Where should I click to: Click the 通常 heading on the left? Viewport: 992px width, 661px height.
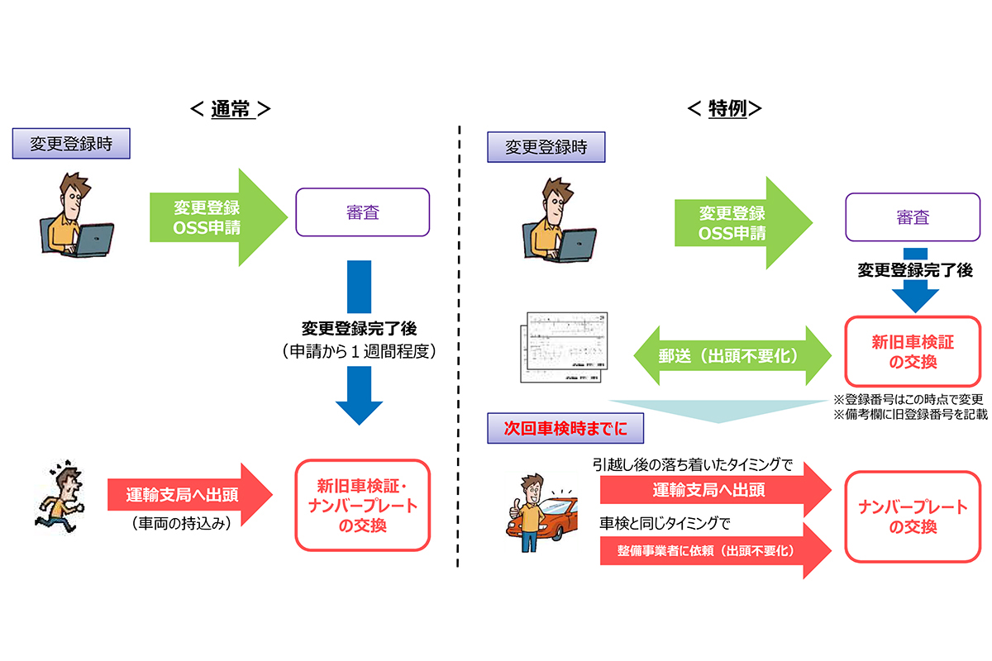tap(230, 109)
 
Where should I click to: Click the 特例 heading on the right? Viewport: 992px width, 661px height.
tap(727, 109)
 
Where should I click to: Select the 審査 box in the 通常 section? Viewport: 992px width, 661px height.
tap(363, 212)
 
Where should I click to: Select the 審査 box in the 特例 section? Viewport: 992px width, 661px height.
tap(913, 218)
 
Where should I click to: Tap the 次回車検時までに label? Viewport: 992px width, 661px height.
tap(565, 430)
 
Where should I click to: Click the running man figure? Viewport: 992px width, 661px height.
tap(60, 497)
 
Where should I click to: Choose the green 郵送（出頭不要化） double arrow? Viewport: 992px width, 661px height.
tap(732, 355)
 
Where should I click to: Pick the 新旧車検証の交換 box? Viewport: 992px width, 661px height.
tap(913, 354)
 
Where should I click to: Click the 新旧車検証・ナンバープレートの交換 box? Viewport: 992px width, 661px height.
tap(363, 505)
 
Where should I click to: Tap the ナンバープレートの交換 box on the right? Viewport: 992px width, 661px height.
tap(913, 516)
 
